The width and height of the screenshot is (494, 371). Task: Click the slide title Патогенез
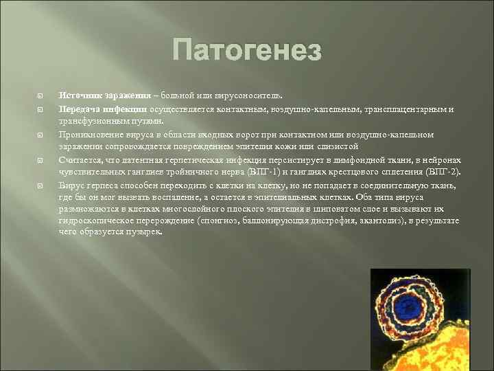tap(247, 50)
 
